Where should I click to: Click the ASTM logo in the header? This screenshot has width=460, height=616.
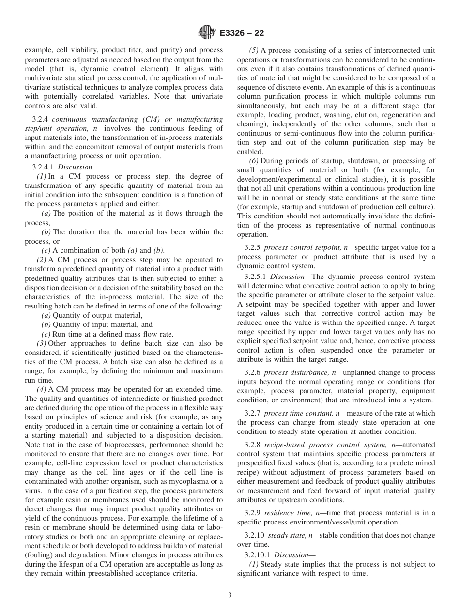(207, 33)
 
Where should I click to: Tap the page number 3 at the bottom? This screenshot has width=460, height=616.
(230, 595)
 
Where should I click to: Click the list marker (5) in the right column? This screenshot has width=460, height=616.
(254, 51)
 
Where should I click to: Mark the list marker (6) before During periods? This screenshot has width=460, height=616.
(254, 161)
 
